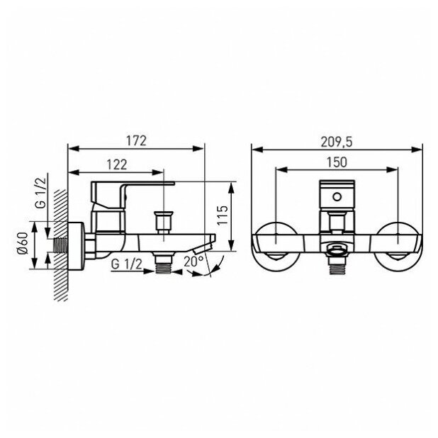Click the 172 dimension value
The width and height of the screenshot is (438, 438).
coord(136,141)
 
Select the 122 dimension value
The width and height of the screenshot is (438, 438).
coord(117,164)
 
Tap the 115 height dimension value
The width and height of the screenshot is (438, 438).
coord(223,215)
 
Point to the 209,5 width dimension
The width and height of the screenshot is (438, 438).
coord(337,142)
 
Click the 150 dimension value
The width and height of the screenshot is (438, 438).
coord(337,162)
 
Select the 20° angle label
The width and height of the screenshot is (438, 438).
coord(193,262)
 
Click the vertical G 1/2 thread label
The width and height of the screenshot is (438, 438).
coord(41,193)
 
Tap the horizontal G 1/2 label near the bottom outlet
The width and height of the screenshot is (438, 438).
coord(127,264)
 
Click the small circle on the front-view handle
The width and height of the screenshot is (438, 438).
coord(337,197)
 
